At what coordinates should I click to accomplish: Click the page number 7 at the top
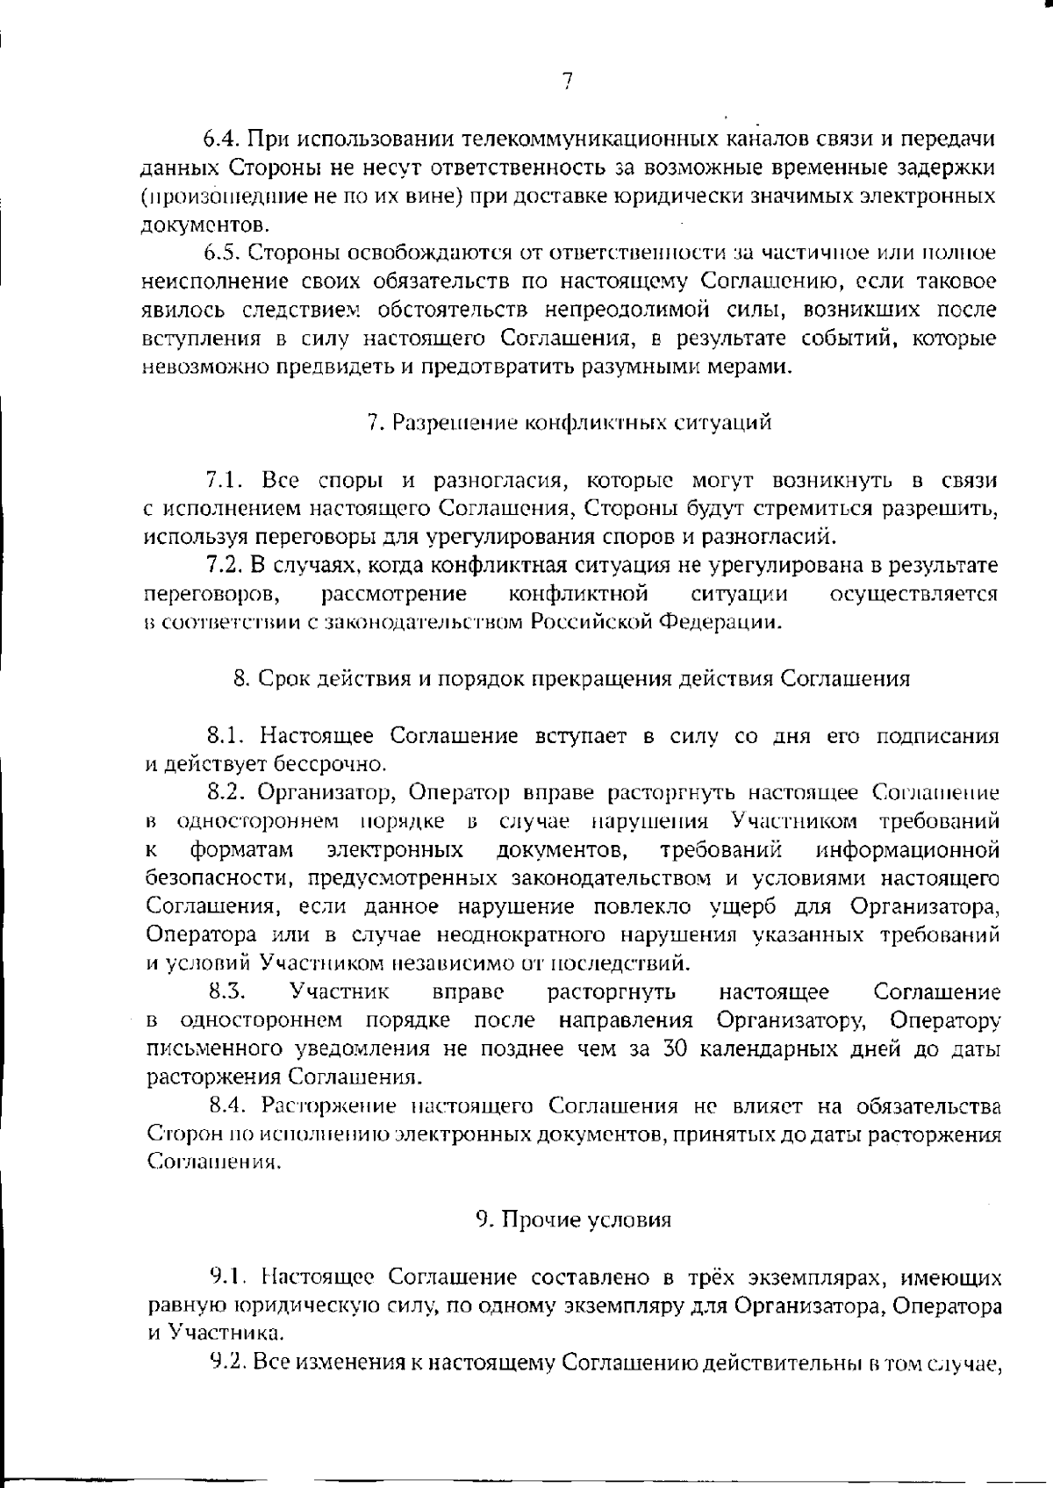pos(567,82)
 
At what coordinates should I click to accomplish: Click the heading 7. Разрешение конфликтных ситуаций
pos(569,423)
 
